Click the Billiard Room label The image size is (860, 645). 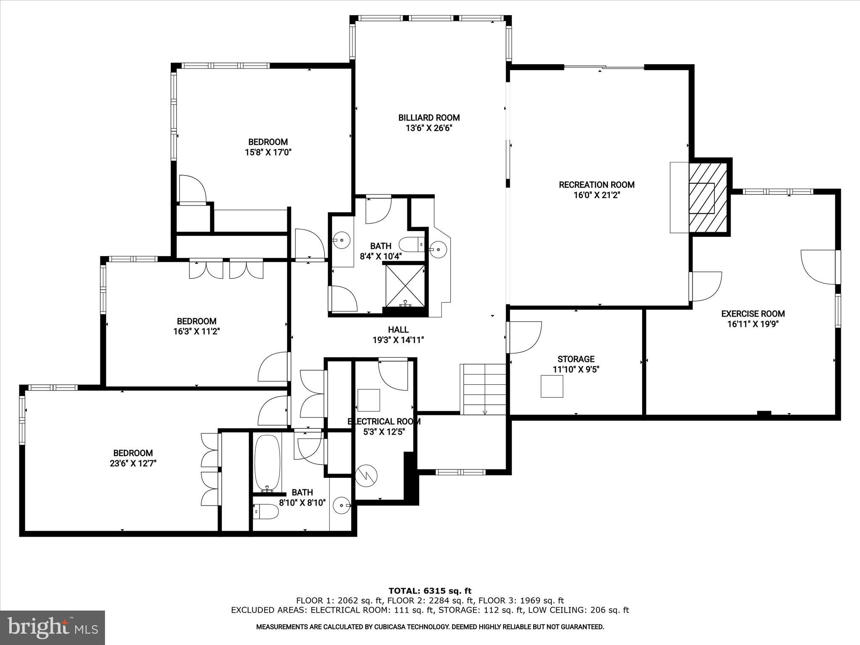coord(429,118)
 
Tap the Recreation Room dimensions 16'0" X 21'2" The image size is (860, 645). coord(596,195)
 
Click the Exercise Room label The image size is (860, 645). coord(752,314)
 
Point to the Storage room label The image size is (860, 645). coord(576,359)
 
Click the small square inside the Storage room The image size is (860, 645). coord(551,386)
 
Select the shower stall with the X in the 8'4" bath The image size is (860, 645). coord(405,285)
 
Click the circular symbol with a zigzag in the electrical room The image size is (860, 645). coord(366,476)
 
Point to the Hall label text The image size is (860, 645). coord(398,330)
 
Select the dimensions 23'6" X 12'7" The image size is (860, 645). coord(133,464)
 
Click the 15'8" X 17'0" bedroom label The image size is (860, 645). coord(268,142)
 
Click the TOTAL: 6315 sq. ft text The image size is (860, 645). coord(430,591)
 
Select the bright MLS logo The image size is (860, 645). coord(52,627)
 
